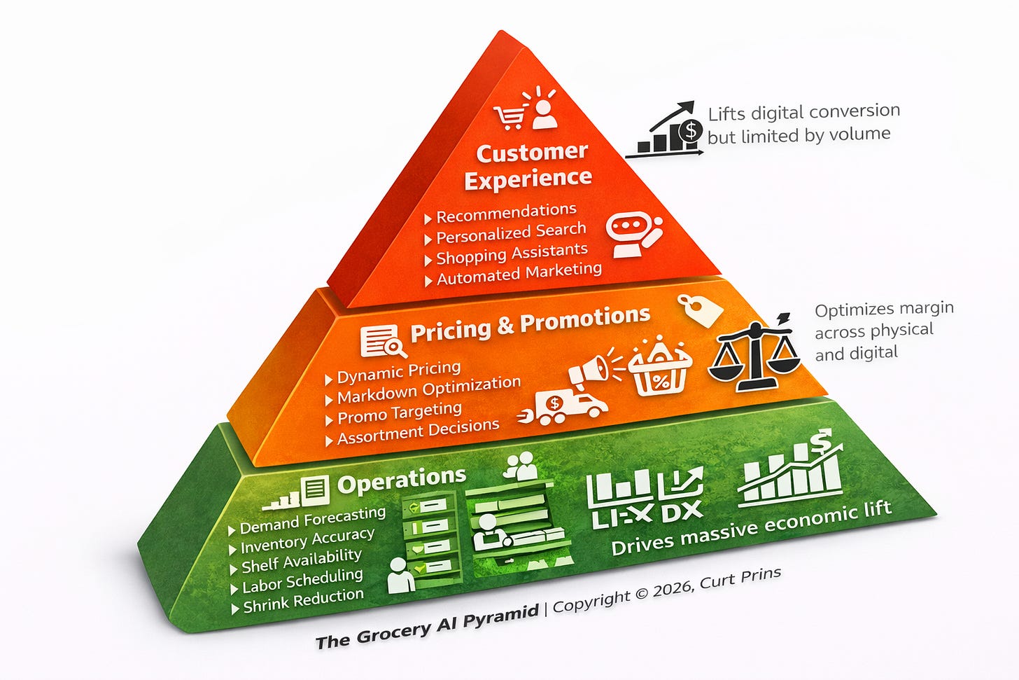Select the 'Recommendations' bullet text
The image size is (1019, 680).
[506, 213]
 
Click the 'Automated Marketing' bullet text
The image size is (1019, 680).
[519, 274]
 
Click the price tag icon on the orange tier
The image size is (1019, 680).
[700, 310]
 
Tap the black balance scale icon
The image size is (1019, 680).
[754, 352]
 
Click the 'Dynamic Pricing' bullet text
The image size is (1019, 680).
[399, 373]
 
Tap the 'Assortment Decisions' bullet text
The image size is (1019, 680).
[419, 431]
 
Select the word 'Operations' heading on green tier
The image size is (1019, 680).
[402, 480]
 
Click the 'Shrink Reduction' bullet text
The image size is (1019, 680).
[304, 601]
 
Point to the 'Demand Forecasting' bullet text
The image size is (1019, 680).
[313, 520]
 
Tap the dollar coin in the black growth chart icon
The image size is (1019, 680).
[691, 131]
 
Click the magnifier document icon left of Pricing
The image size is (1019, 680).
[383, 341]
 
